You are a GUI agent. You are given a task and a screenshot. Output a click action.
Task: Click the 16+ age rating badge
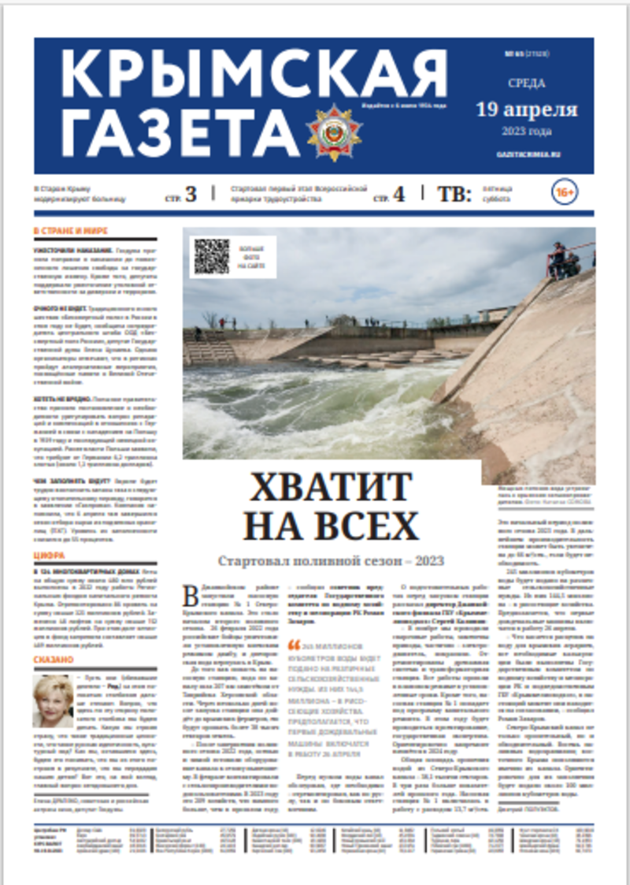click(565, 192)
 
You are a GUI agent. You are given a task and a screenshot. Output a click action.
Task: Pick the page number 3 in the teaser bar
click(190, 194)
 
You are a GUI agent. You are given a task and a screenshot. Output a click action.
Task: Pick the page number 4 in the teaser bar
click(398, 194)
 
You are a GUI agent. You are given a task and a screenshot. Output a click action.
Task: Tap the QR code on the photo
click(211, 257)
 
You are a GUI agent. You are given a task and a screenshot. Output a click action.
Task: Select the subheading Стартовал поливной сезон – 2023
click(331, 561)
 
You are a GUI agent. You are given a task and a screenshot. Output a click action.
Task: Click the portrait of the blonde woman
click(52, 700)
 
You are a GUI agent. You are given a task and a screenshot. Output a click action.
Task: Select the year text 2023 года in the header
click(526, 130)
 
